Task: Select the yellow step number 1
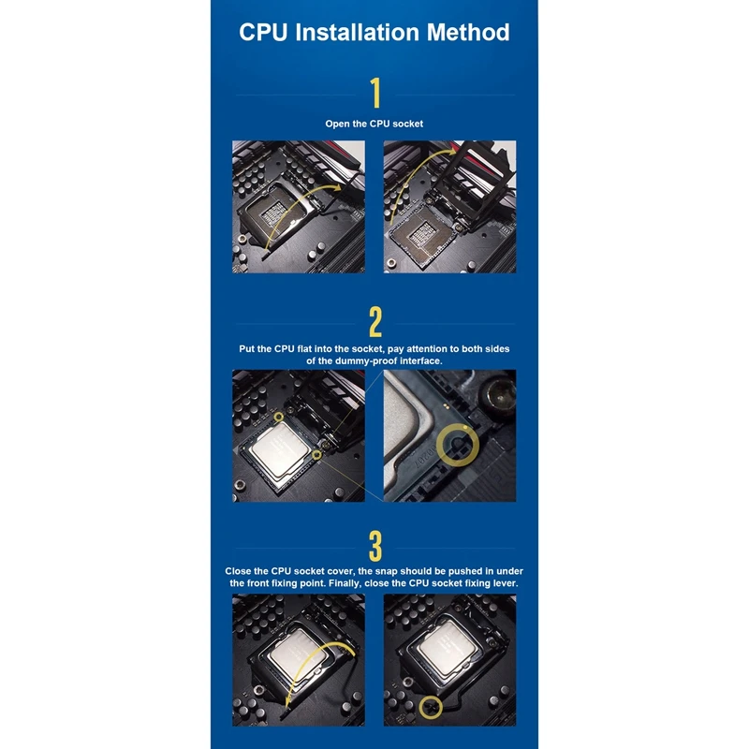374,94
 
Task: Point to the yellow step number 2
374,321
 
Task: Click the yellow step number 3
374,544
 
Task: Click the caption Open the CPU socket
374,124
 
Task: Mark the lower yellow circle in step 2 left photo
318,456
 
